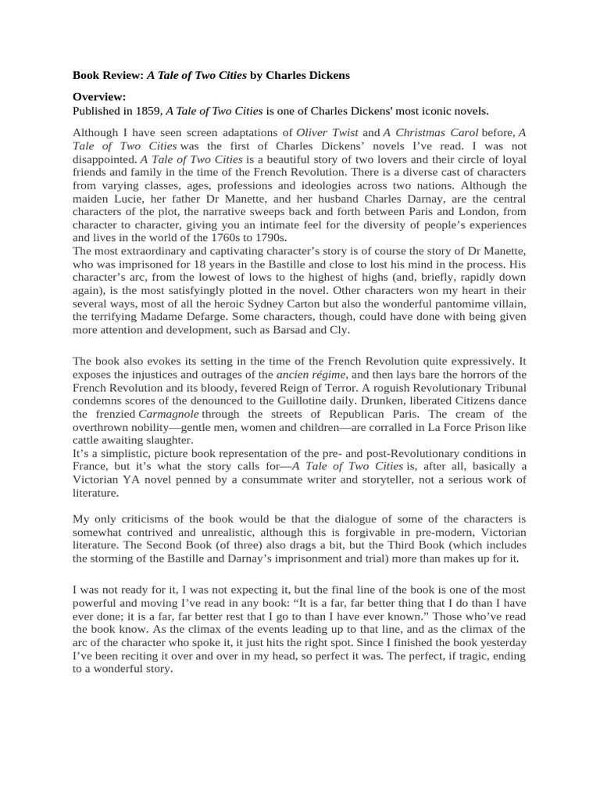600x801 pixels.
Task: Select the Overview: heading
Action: [x=99, y=97]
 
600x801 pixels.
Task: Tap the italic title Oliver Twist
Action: [x=328, y=132]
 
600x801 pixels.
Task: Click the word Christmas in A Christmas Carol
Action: [x=423, y=132]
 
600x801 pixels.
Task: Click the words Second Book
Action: [x=153, y=546]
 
